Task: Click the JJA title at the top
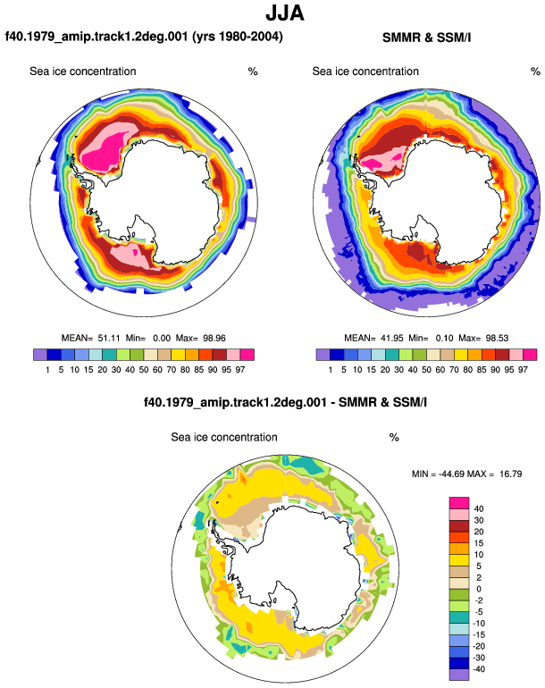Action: [285, 13]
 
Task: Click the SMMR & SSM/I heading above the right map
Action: [426, 38]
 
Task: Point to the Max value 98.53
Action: [497, 338]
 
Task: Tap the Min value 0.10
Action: [444, 338]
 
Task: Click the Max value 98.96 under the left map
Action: [214, 338]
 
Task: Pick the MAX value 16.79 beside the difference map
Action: [511, 474]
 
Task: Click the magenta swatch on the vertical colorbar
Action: [459, 503]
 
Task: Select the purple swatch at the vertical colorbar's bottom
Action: [459, 675]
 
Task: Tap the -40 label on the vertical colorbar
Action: [479, 669]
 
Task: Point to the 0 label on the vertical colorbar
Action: [479, 589]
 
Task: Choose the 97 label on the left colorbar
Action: [240, 370]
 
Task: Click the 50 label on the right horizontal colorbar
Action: [426, 370]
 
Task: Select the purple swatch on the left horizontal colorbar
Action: [40, 355]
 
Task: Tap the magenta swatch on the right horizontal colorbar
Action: [530, 355]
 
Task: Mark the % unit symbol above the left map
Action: [253, 71]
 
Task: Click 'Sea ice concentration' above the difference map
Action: [224, 437]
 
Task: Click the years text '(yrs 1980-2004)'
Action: [238, 37]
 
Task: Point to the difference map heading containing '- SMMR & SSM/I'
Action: [285, 402]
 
